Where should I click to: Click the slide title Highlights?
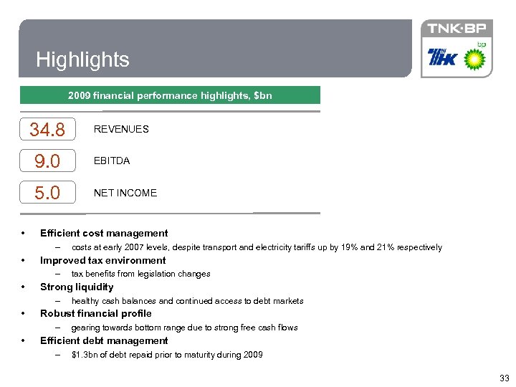point(82,59)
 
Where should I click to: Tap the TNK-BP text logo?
point(456,29)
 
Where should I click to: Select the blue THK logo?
point(442,57)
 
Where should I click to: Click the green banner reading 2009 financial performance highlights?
point(170,95)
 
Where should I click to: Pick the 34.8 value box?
point(47,130)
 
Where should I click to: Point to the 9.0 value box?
point(47,161)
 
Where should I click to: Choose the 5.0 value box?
point(47,193)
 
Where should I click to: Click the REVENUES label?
point(121,129)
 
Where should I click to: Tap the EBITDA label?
point(112,161)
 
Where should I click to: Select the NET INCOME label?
point(125,193)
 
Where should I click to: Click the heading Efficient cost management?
point(104,233)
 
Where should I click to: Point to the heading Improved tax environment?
point(102,260)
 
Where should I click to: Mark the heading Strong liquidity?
point(77,287)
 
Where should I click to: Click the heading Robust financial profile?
point(95,313)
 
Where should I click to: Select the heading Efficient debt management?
point(104,340)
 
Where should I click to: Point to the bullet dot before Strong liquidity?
point(24,287)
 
